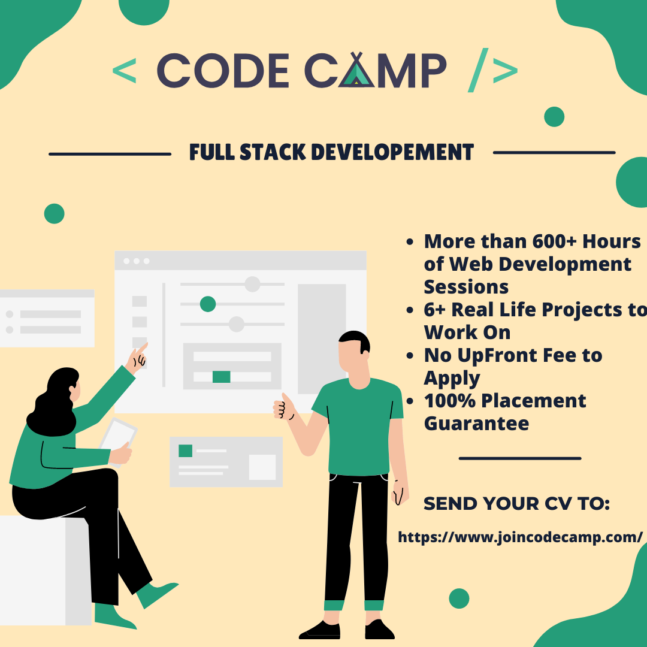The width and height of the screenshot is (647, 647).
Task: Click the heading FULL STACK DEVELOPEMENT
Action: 331,153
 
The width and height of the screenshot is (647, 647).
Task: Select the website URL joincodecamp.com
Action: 520,537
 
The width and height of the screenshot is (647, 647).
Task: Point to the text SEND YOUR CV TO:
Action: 516,504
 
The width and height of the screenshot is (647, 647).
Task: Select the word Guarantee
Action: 476,424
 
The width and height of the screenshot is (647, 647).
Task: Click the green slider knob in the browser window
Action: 208,304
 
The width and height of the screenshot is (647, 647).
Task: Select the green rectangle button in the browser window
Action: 221,376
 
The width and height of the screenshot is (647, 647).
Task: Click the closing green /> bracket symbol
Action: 492,71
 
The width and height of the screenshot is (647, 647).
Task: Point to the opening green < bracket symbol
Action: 124,71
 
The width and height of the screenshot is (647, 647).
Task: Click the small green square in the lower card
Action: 185,451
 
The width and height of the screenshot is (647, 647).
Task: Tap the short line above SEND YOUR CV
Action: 519,458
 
